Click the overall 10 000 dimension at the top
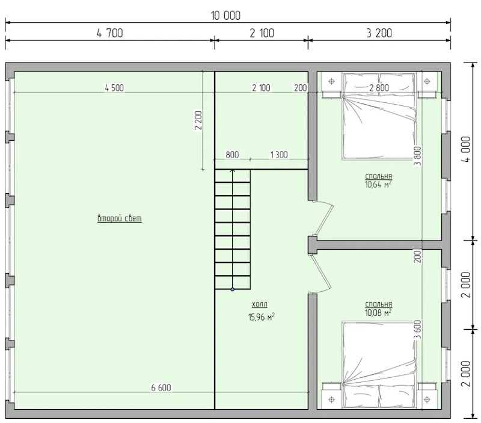(x=225, y=16)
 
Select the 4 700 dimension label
(x=110, y=33)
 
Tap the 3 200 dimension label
(x=379, y=33)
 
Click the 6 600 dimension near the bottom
(x=161, y=387)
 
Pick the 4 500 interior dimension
(x=114, y=88)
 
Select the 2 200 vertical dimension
(x=198, y=120)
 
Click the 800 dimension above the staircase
(x=232, y=155)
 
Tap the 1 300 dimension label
(x=279, y=155)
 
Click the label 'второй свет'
(x=120, y=218)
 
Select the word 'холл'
(x=260, y=304)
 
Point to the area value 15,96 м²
(x=262, y=316)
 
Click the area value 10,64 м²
(x=378, y=184)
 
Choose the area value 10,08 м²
(x=378, y=312)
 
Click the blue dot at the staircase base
(x=233, y=289)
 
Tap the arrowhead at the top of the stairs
(x=233, y=171)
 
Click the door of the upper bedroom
(x=323, y=220)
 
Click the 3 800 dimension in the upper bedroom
(x=417, y=156)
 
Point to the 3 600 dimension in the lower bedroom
(x=417, y=330)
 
